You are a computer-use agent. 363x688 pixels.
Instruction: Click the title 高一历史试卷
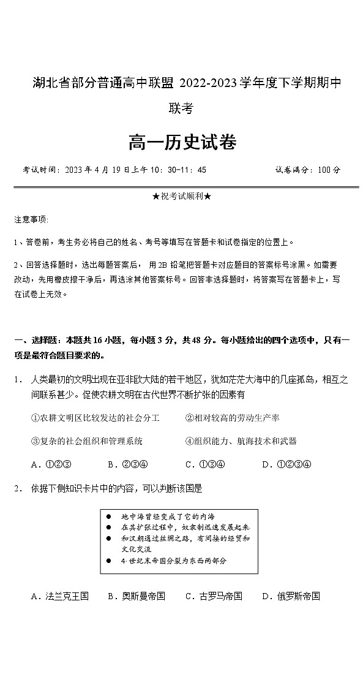pyautogui.click(x=182, y=143)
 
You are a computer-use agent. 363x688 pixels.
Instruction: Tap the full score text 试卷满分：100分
pyautogui.click(x=307, y=170)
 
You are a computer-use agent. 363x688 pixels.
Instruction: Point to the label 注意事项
pyautogui.click(x=31, y=219)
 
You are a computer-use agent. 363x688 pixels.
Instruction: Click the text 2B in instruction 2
pyautogui.click(x=162, y=265)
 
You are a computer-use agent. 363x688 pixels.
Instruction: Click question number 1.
pyautogui.click(x=18, y=380)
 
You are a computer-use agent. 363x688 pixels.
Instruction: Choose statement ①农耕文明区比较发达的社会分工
pyautogui.click(x=95, y=418)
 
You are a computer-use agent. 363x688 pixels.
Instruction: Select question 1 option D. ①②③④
pyautogui.click(x=286, y=464)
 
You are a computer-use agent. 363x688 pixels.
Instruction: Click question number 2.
pyautogui.click(x=18, y=488)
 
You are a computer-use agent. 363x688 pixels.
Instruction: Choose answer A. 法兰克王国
pyautogui.click(x=59, y=596)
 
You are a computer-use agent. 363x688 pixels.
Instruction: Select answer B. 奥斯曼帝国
pyautogui.click(x=136, y=596)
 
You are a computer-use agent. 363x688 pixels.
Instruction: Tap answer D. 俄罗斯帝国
pyautogui.click(x=291, y=596)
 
